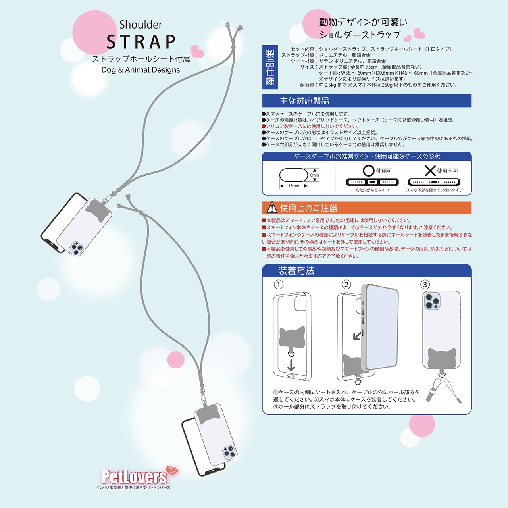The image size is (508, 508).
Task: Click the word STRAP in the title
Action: click(141, 42)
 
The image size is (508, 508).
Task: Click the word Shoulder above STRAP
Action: click(140, 25)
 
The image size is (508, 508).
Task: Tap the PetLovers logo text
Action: click(134, 477)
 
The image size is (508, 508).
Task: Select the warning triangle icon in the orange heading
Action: click(272, 208)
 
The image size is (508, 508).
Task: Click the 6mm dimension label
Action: click(314, 175)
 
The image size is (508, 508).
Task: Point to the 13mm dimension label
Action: click(294, 186)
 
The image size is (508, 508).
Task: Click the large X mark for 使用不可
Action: click(430, 171)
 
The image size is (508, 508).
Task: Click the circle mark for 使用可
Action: click(369, 171)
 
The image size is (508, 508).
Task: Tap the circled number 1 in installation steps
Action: click(279, 285)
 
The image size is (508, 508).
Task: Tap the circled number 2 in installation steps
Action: click(346, 285)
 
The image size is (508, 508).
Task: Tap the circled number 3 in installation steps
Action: click(425, 285)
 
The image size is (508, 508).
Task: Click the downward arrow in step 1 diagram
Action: click(291, 365)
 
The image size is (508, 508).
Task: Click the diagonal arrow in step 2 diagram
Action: click(357, 336)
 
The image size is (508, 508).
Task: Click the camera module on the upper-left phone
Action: click(76, 248)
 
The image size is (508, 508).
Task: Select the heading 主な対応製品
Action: click(304, 101)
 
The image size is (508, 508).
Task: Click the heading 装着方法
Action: click(296, 271)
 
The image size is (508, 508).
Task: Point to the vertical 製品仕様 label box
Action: click(270, 67)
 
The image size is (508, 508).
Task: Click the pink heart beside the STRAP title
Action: click(197, 51)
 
